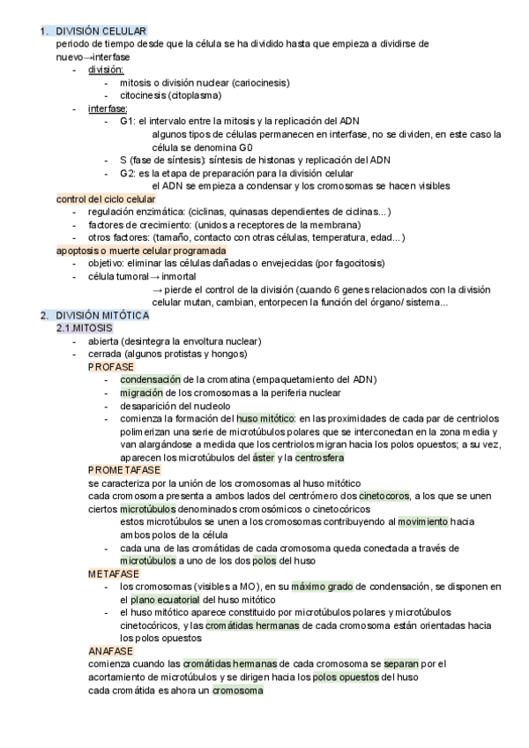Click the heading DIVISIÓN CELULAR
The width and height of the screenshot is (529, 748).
(x=101, y=32)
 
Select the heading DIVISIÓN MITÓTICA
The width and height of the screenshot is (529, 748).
(x=102, y=316)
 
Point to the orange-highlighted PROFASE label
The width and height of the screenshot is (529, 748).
(x=110, y=366)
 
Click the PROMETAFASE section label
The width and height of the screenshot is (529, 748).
(x=123, y=470)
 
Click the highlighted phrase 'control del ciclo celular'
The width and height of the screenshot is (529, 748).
(x=105, y=199)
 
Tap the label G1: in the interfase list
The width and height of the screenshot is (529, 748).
(x=126, y=122)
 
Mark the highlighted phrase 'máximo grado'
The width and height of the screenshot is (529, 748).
(x=322, y=587)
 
